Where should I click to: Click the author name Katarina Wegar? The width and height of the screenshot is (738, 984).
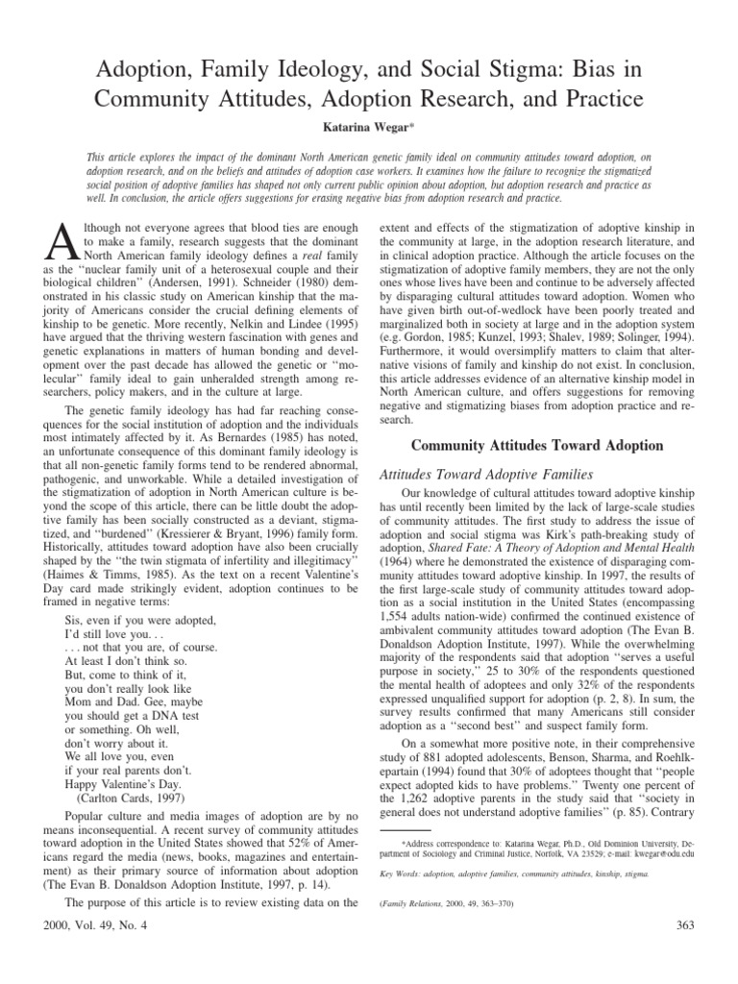coord(369,127)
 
